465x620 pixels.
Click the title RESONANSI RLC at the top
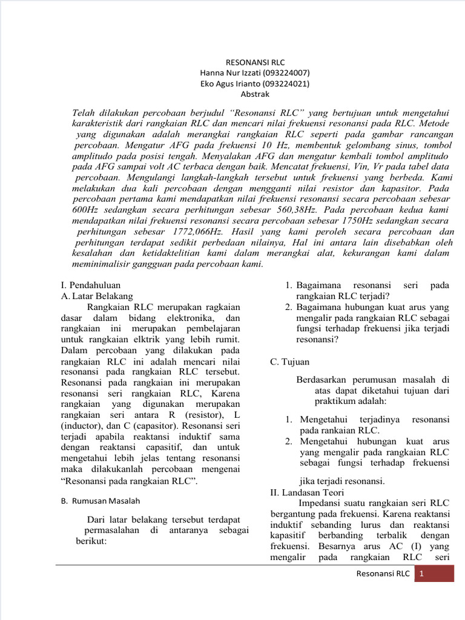254,62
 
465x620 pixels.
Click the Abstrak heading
255,94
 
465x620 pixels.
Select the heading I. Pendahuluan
91,285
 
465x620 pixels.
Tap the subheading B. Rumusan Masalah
101,501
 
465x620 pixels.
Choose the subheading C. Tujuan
289,361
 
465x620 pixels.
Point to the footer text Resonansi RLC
383,573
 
